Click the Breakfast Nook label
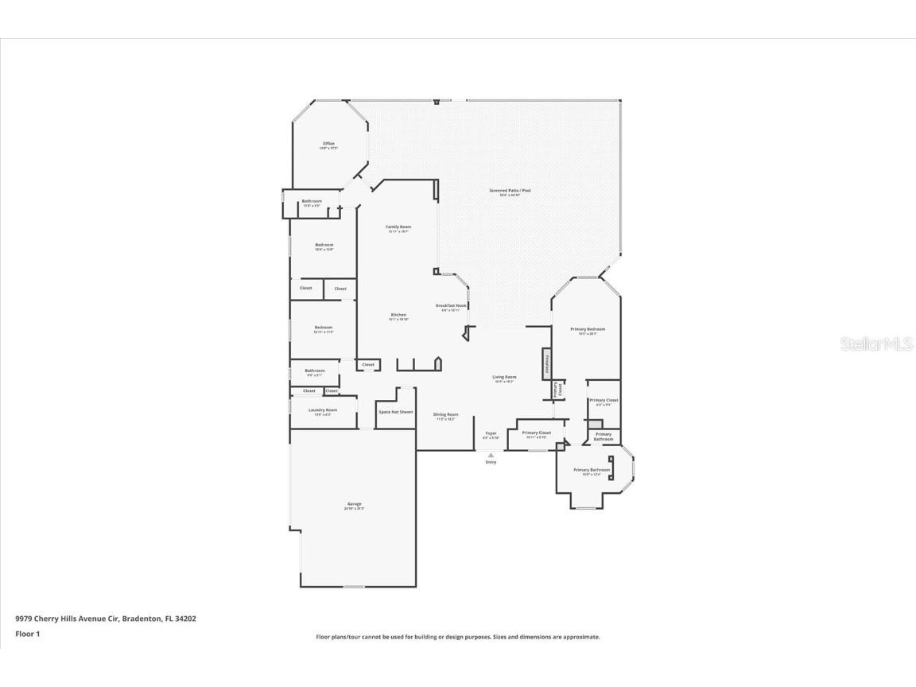pyautogui.click(x=451, y=307)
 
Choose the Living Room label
pyautogui.click(x=504, y=378)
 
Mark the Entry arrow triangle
pyautogui.click(x=491, y=455)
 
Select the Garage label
pyautogui.click(x=354, y=505)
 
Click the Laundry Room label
pyautogui.click(x=323, y=411)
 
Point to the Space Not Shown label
pyautogui.click(x=395, y=412)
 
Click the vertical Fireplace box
pyautogui.click(x=547, y=364)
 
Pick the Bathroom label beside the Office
pyautogui.click(x=312, y=202)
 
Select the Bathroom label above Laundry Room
pyautogui.click(x=315, y=371)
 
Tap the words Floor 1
pyautogui.click(x=27, y=634)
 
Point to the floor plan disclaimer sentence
pyautogui.click(x=458, y=637)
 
